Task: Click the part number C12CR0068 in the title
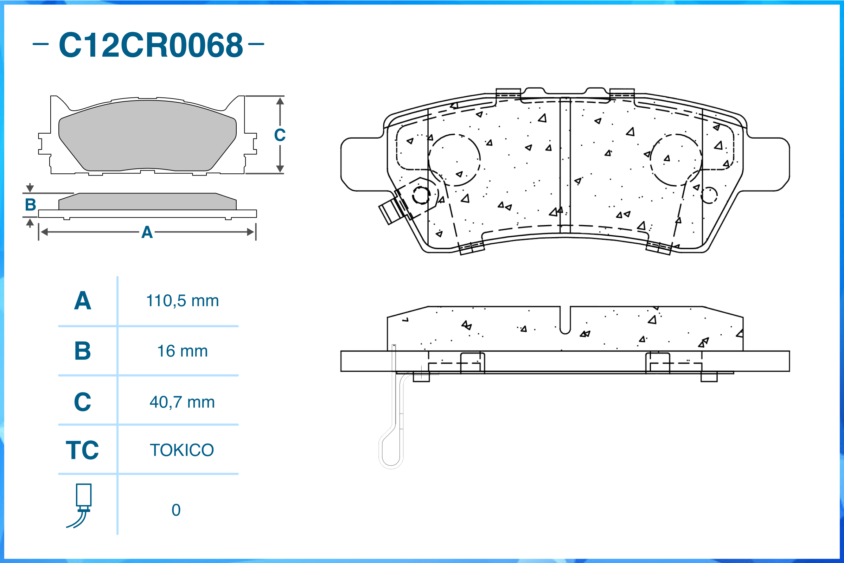click(x=151, y=45)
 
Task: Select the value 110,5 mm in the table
click(x=183, y=301)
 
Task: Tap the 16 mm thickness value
click(x=183, y=351)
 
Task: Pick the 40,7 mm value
click(x=183, y=402)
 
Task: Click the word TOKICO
click(x=182, y=450)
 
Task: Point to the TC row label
click(x=82, y=450)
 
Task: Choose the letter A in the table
click(x=83, y=301)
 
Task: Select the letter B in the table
click(x=83, y=351)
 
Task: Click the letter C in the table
click(x=83, y=402)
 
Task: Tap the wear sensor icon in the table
click(x=82, y=506)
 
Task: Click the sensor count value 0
click(x=176, y=510)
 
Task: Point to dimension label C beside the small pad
click(x=280, y=135)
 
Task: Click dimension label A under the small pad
click(x=147, y=233)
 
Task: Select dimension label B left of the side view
click(x=31, y=205)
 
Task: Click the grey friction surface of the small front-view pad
click(x=147, y=136)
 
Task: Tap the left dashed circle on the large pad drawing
click(x=454, y=160)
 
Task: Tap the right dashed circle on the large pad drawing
click(x=676, y=160)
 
